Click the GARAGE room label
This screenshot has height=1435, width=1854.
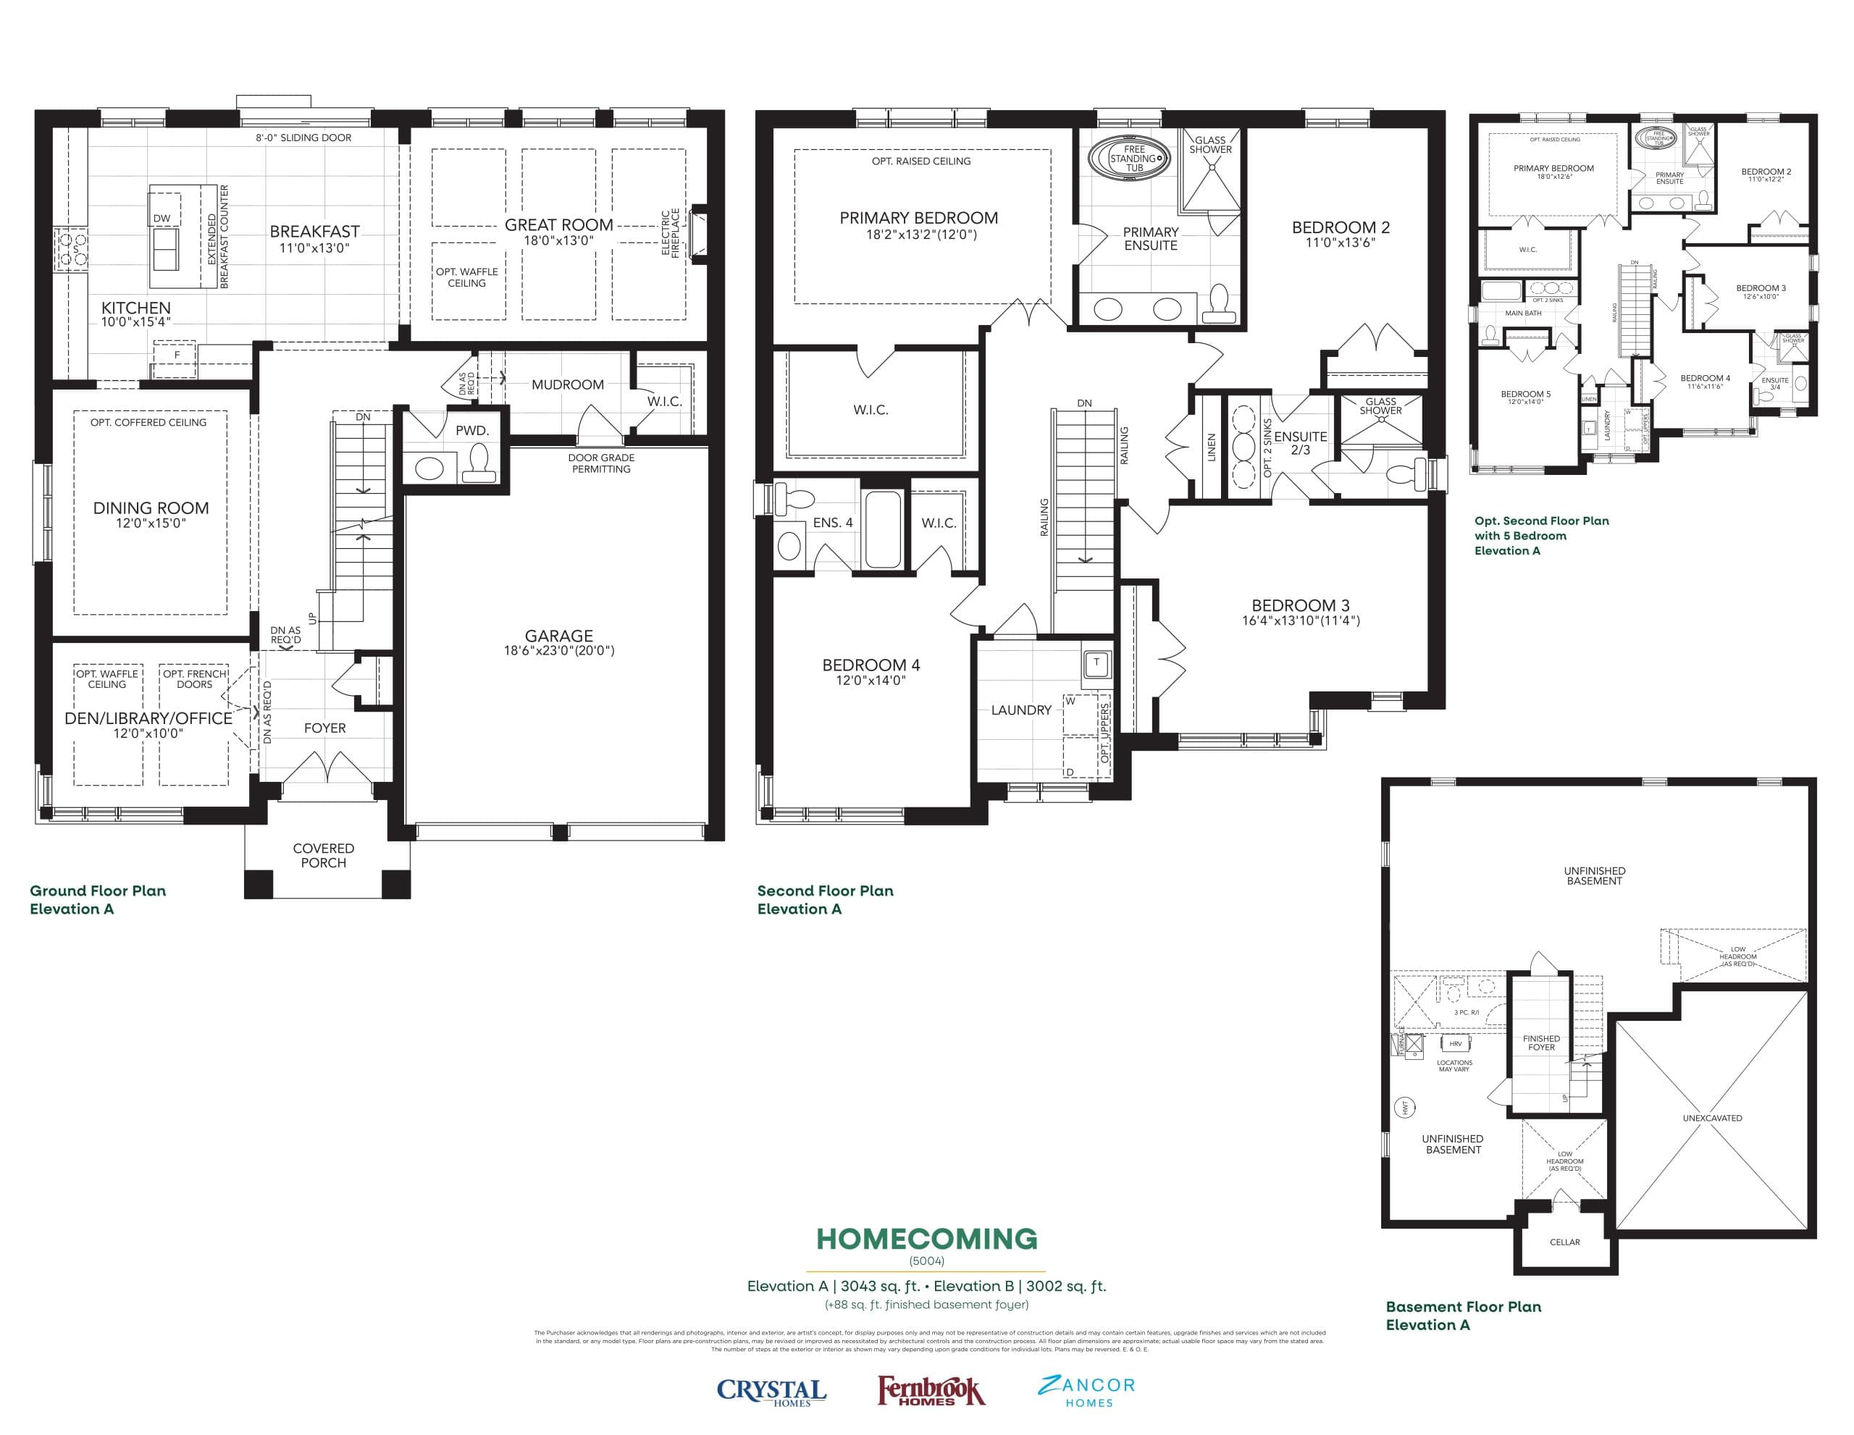click(x=558, y=636)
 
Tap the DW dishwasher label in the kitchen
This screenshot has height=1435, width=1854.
click(x=162, y=218)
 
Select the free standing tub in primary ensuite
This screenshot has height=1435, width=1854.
click(x=1133, y=159)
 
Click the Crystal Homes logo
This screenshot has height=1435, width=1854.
click(x=771, y=1392)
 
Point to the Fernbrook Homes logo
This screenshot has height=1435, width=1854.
click(x=931, y=1392)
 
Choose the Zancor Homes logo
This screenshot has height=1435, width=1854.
click(x=1086, y=1391)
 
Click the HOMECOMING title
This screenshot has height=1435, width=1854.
click(x=926, y=1239)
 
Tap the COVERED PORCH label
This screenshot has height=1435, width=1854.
click(x=324, y=855)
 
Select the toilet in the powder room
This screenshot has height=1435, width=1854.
click(x=479, y=463)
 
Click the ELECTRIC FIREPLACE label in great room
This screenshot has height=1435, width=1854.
click(x=671, y=232)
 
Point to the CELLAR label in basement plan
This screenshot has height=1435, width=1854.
click(x=1564, y=1242)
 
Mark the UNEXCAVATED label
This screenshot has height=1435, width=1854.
click(x=1712, y=1119)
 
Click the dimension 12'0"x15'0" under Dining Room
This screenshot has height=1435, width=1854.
click(x=151, y=523)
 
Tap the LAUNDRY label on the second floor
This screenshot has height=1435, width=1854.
click(x=1021, y=710)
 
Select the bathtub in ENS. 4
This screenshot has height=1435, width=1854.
click(x=883, y=529)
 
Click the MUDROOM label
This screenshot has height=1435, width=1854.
click(x=567, y=384)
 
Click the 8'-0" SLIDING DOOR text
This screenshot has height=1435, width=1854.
click(x=303, y=138)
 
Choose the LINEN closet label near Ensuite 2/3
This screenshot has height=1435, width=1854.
click(x=1212, y=447)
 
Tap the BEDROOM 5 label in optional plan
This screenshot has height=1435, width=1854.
click(x=1525, y=394)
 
